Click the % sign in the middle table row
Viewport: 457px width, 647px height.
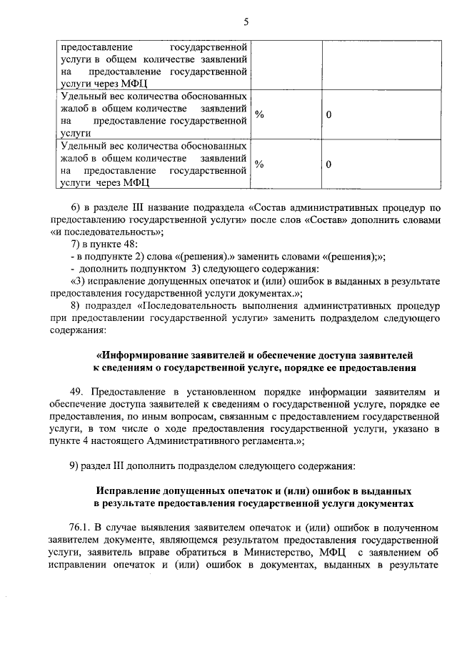click(259, 114)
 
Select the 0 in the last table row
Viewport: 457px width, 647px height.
click(328, 164)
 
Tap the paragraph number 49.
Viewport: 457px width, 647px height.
click(77, 392)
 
